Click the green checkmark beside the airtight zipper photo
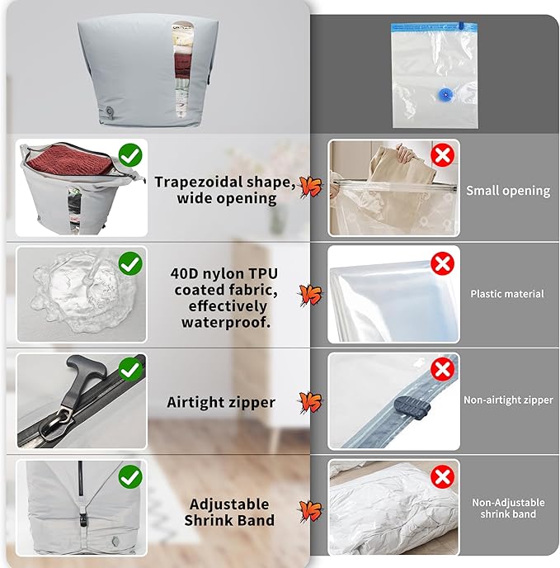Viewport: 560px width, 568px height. click(x=129, y=369)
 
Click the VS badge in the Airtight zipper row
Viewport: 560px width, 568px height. click(x=310, y=402)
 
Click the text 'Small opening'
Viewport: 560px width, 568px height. click(x=507, y=190)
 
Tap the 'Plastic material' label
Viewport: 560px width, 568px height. click(x=507, y=293)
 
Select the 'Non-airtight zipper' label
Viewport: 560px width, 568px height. click(x=506, y=400)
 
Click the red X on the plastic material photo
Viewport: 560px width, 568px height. click(x=443, y=263)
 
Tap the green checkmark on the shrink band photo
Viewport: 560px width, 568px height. click(x=129, y=476)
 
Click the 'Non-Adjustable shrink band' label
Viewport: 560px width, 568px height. click(x=506, y=508)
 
